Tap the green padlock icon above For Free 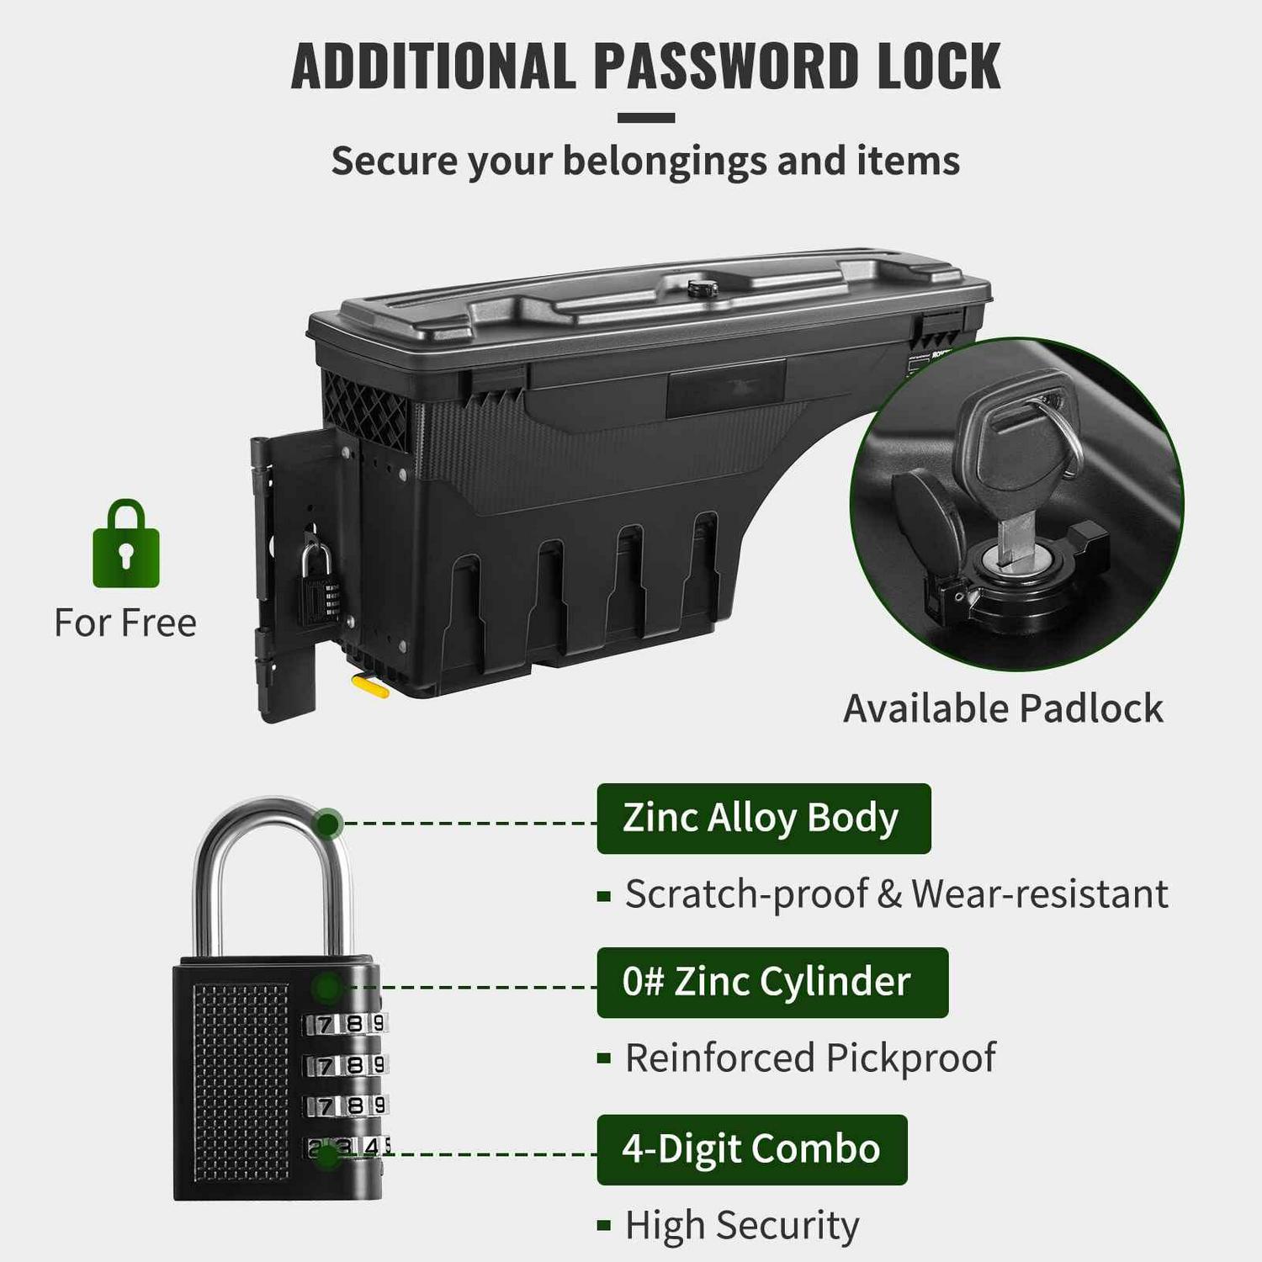(126, 544)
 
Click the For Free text (125, 623)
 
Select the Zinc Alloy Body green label (764, 819)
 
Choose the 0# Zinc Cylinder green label (772, 983)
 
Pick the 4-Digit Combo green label (752, 1149)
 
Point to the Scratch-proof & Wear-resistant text (896, 893)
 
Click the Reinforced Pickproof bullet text (810, 1058)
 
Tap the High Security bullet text (742, 1225)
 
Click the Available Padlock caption (1003, 708)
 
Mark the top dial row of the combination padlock (345, 1024)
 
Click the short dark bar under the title (646, 118)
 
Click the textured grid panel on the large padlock (241, 1083)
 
